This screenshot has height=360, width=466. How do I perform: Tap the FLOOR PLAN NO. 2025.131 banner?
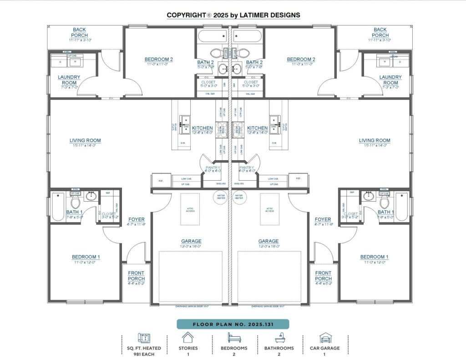coord(233,324)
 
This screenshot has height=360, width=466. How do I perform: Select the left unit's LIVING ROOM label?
coord(85,141)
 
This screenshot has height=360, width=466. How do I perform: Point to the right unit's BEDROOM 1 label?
coord(374,257)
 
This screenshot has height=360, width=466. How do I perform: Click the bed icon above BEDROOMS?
coord(234,338)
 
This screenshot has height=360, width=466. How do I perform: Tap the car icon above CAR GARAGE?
coord(325,338)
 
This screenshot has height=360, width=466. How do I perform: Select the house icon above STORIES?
coord(187,338)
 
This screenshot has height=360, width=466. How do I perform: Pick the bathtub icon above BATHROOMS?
coord(279,338)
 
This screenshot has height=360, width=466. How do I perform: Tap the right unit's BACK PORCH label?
coord(380,32)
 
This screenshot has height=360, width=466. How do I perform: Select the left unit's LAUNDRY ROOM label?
coord(69,80)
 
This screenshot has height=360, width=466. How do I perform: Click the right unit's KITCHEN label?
coord(258,128)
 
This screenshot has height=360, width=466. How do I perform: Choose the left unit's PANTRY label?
coord(213,167)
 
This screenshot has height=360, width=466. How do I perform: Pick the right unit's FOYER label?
coord(323,220)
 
